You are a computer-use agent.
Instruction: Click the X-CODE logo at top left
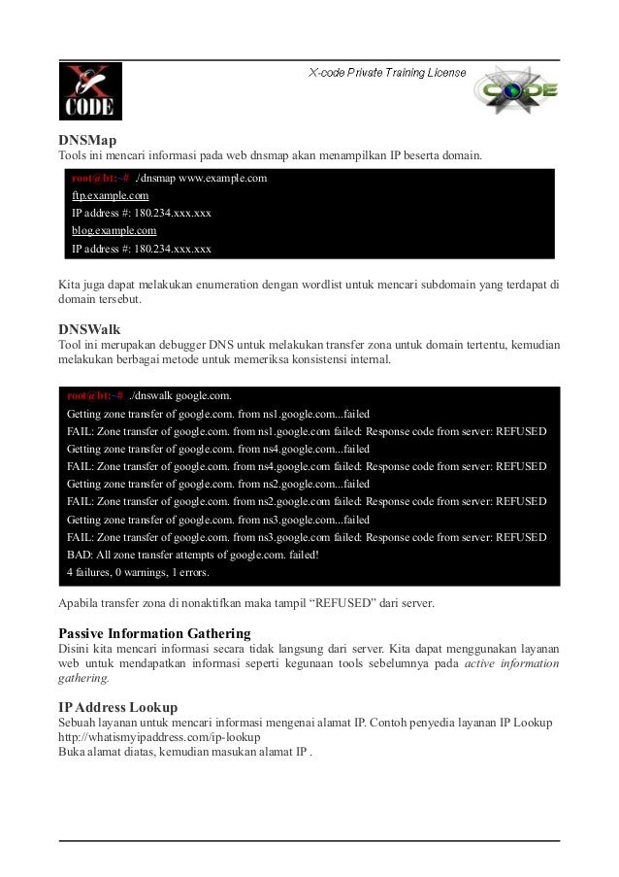89,91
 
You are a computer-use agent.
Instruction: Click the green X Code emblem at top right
517,90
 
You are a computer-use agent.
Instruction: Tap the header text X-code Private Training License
387,73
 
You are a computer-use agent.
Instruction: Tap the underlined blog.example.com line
114,231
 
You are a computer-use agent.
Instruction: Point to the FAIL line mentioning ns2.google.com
306,502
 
